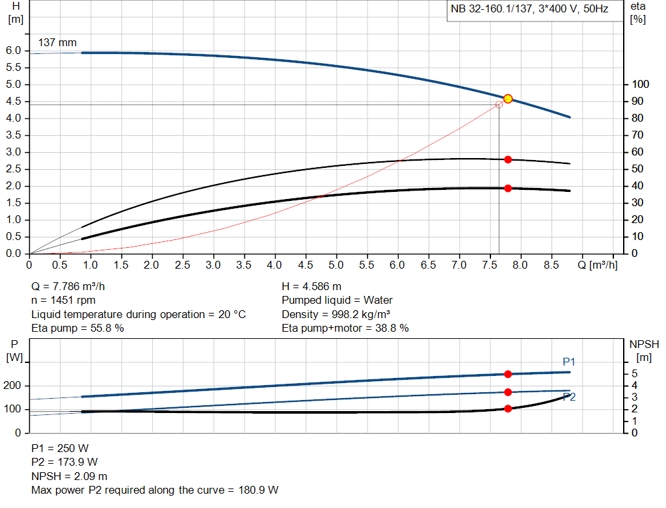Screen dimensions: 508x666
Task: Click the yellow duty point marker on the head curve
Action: [x=508, y=99]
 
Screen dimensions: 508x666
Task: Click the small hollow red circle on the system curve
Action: [x=499, y=104]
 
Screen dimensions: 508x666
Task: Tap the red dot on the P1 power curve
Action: [x=508, y=374]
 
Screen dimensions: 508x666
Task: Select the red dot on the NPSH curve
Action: [x=508, y=408]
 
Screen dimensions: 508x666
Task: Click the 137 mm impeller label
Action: [x=57, y=43]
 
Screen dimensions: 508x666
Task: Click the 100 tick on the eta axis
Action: [x=640, y=85]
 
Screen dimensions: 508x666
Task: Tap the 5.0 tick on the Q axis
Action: [x=336, y=265]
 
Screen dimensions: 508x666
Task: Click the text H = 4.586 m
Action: [x=312, y=286]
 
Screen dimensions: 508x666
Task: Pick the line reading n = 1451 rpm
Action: [x=63, y=301]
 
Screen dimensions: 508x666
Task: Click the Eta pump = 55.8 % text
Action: [x=77, y=328]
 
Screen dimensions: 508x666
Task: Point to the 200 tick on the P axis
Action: [x=14, y=386]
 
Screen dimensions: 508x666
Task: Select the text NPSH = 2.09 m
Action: [x=70, y=476]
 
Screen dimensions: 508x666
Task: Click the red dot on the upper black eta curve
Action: [x=508, y=159]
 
